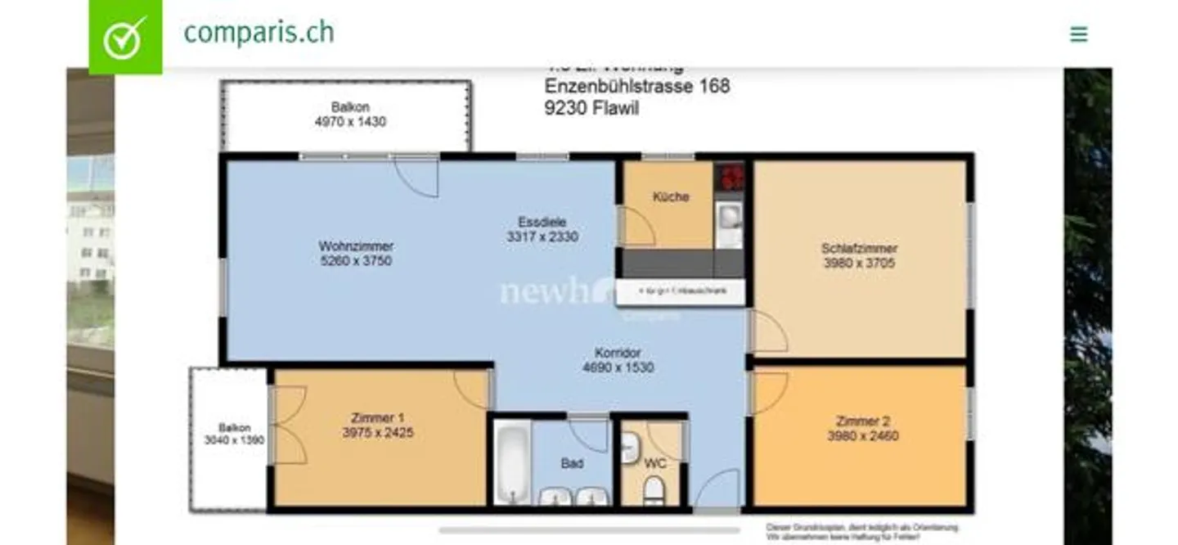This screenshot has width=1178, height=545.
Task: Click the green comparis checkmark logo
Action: [x=125, y=37]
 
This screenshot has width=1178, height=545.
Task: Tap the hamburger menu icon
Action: [x=1079, y=34]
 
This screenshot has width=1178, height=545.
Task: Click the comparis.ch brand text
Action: [x=259, y=33]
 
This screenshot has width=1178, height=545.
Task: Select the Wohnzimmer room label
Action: [x=356, y=246]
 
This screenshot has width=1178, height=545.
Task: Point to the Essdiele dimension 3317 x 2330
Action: [x=542, y=237]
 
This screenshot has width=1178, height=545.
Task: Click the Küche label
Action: [x=671, y=197]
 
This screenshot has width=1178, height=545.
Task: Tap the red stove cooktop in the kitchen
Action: [x=731, y=177]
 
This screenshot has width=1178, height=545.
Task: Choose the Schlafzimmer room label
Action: [x=859, y=248]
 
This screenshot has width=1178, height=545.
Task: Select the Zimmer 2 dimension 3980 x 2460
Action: [x=862, y=436]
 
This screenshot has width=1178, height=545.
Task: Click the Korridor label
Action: [x=618, y=354]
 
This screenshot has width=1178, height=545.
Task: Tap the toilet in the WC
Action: [x=653, y=490]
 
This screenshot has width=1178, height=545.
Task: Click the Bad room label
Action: [x=572, y=464]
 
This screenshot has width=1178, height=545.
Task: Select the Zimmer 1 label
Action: [x=377, y=418]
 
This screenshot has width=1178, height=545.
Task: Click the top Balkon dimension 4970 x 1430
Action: [x=350, y=122]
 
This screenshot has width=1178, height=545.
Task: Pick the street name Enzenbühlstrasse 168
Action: [x=637, y=86]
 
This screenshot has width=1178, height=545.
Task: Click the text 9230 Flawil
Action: [x=591, y=107]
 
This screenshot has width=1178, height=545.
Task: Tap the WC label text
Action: [x=655, y=463]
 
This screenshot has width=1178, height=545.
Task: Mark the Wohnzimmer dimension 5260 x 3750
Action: [x=356, y=262]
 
